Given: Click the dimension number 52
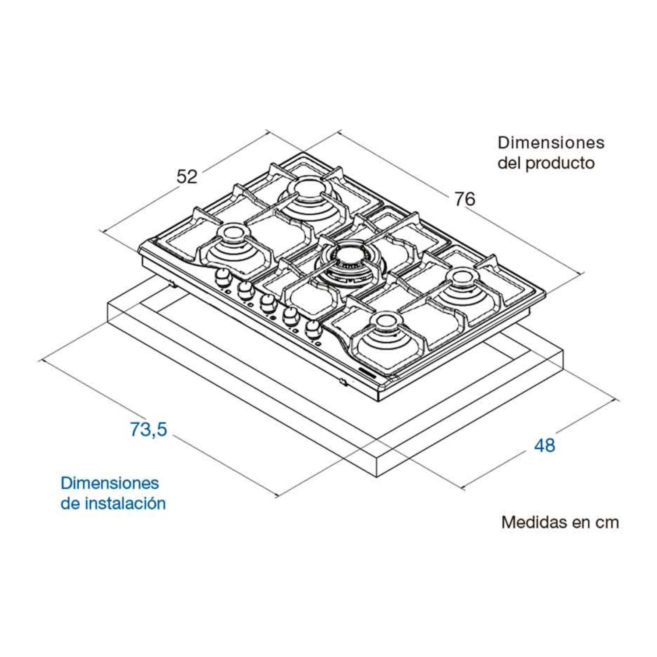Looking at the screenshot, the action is click(187, 176).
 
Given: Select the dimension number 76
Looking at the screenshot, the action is click(464, 199).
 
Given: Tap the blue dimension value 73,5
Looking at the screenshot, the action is click(148, 429).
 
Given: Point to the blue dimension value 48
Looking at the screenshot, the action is click(544, 445).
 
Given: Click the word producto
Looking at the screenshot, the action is click(560, 163).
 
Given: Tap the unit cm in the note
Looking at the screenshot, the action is click(607, 523).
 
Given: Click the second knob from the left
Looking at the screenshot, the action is click(246, 290).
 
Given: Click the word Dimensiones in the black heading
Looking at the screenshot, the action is click(551, 142).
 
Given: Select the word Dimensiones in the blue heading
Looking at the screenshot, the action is click(109, 483).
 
